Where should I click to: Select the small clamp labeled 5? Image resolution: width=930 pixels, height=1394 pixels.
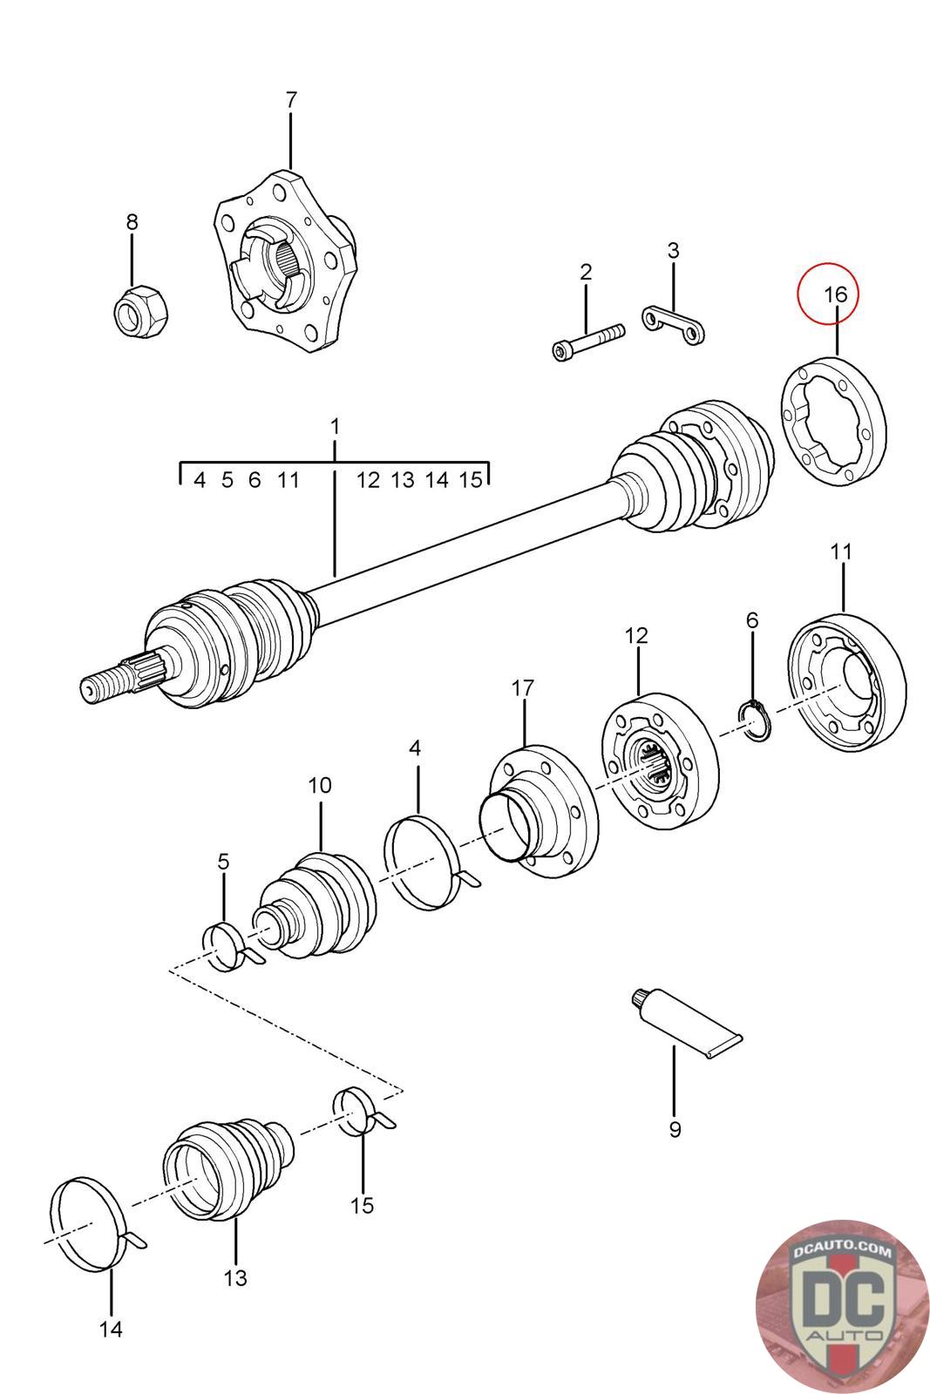pos(228,946)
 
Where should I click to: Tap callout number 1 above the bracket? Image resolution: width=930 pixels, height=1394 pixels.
pos(335,427)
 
